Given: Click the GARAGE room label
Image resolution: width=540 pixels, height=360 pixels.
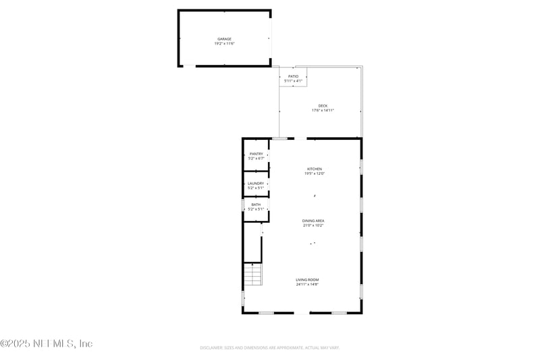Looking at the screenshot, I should (224, 39).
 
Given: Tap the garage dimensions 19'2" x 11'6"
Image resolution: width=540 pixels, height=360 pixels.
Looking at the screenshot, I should (224, 44).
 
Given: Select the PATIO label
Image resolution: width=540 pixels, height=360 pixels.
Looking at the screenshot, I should (294, 76).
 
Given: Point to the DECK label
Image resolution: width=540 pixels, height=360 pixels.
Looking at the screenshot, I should (323, 105).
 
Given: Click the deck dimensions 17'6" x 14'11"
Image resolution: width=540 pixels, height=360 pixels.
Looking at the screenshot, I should (323, 110).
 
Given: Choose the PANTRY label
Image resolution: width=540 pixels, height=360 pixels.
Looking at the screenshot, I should (256, 154).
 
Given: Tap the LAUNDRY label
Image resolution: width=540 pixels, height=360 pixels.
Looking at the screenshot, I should (256, 183).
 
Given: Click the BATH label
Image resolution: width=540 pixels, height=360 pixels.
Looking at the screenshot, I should (256, 205).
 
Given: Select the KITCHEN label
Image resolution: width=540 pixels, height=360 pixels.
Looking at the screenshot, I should (315, 169).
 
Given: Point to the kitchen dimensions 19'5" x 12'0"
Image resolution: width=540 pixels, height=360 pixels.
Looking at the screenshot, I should (315, 174).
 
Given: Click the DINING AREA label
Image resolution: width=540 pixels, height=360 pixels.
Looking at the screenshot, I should (313, 221).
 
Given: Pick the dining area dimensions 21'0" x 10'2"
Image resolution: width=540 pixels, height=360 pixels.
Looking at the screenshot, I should (313, 226).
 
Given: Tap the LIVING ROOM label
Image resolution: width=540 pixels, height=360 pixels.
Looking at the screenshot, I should (307, 280).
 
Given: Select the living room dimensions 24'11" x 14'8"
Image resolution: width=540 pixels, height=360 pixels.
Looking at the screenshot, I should (307, 284).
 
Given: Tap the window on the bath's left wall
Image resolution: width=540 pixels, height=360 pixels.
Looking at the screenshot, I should (243, 205).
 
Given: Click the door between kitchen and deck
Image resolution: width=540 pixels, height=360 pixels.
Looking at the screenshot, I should (279, 138).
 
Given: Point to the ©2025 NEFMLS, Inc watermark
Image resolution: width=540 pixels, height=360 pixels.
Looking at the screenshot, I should (47, 344).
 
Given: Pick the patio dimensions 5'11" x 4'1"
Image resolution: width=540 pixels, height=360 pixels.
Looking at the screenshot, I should (294, 81).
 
